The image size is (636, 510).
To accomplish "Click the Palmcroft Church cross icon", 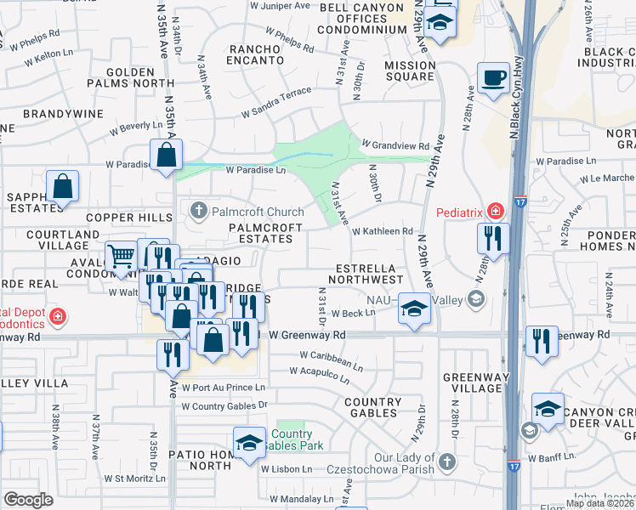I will tap(198, 211).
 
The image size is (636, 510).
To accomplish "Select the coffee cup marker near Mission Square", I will tap(492, 80).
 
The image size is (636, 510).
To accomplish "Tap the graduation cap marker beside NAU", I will tap(414, 309).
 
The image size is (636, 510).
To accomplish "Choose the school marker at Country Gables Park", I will tap(249, 444).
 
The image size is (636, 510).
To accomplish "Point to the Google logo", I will tap(28, 499).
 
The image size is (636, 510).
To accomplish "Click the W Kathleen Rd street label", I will tap(382, 231).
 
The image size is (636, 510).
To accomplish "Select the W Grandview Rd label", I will tap(395, 144).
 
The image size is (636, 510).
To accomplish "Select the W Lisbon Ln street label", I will tap(287, 469).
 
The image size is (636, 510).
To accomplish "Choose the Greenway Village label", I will tap(474, 383).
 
